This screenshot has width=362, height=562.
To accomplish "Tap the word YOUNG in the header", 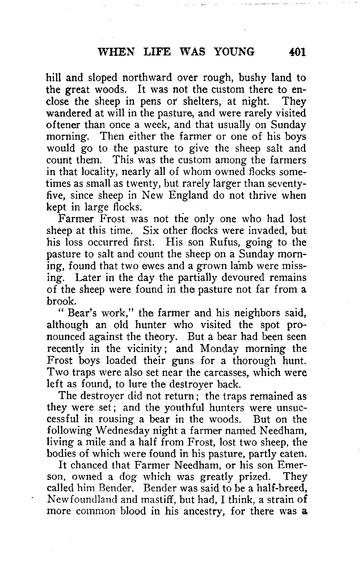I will [234, 52].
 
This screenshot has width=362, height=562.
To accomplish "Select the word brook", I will [60, 301].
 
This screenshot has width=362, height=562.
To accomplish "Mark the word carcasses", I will [226, 372].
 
